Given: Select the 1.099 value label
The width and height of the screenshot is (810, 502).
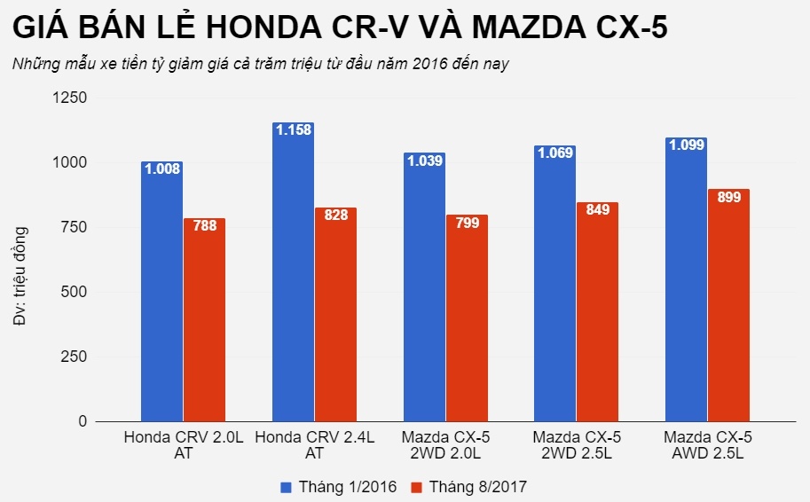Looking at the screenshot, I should [686, 145].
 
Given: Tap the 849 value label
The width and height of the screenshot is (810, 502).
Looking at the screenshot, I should [597, 212].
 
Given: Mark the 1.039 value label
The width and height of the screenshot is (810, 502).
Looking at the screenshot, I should [424, 161].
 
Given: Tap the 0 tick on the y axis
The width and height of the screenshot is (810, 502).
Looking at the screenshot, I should [83, 421].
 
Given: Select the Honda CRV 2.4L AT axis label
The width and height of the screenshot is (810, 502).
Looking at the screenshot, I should [315, 445].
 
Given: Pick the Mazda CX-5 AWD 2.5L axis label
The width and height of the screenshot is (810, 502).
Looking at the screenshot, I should [707, 445].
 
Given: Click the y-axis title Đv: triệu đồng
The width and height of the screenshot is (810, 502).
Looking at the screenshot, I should [20, 276].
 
